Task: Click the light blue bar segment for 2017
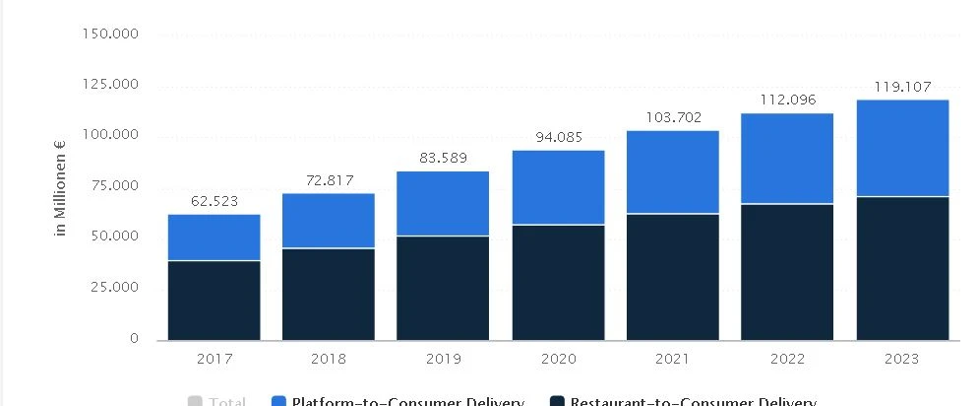[214, 237]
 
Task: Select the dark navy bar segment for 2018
[328, 294]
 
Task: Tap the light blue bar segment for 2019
[442, 204]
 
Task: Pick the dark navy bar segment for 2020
[557, 282]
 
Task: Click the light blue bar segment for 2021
[672, 172]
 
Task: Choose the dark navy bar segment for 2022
[787, 272]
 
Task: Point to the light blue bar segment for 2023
[902, 149]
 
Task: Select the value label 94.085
[558, 138]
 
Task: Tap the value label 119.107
[902, 87]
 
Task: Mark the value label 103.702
[673, 117]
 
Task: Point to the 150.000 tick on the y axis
[111, 34]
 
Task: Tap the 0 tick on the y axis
[134, 339]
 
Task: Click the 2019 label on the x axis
[443, 359]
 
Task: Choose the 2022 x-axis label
[787, 359]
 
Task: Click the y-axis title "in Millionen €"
[61, 188]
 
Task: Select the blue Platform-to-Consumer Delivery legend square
[277, 401]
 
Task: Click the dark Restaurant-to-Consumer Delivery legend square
[556, 401]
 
